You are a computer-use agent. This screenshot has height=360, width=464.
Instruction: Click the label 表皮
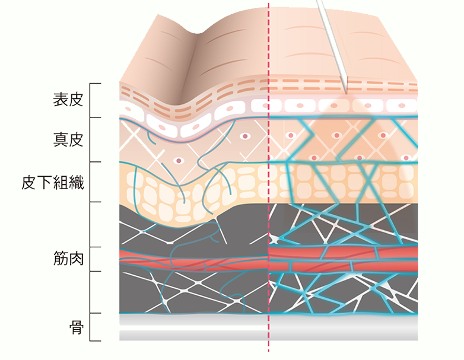click(x=68, y=100)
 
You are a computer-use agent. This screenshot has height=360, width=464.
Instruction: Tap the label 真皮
click(x=68, y=139)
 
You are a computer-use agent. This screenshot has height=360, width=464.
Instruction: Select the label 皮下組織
click(x=53, y=182)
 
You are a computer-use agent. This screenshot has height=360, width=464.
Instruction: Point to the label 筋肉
click(x=68, y=258)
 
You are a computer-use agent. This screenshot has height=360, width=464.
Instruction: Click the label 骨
click(x=77, y=327)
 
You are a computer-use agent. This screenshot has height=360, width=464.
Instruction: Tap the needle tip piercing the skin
click(x=346, y=93)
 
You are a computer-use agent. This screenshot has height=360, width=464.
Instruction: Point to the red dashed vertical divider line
click(x=269, y=177)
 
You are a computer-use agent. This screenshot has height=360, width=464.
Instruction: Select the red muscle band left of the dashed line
click(x=194, y=259)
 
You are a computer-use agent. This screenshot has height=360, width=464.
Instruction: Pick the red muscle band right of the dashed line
click(x=344, y=259)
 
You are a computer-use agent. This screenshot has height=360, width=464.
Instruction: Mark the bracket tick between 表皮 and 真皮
click(x=96, y=117)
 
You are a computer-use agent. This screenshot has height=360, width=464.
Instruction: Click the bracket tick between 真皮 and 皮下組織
click(x=96, y=162)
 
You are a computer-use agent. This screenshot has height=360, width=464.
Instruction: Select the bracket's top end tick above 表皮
click(x=96, y=84)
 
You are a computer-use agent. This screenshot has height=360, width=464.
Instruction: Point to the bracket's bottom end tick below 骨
click(x=96, y=341)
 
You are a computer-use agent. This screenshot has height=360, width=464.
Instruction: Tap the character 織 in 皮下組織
click(x=77, y=182)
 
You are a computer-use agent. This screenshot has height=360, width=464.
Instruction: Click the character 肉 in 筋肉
click(x=76, y=258)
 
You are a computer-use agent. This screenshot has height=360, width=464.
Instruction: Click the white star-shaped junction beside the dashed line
click(x=274, y=238)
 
